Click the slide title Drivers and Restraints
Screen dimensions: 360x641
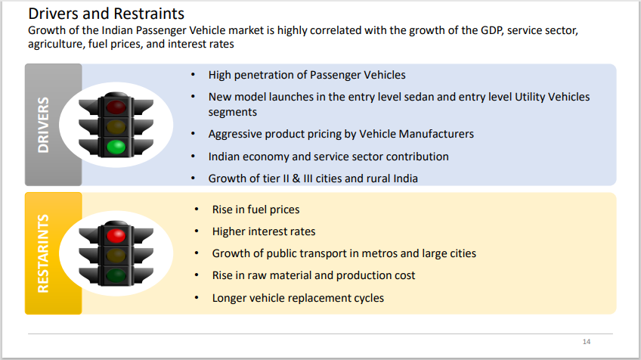106,14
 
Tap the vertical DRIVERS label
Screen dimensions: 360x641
43,125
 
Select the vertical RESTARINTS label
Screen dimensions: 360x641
43,253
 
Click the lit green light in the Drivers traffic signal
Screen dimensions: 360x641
116,146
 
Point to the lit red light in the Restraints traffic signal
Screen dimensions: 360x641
116,235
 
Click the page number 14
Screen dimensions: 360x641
586,340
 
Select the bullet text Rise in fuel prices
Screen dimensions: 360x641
255,209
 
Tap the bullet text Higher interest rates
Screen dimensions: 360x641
264,231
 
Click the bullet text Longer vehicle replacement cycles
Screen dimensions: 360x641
298,298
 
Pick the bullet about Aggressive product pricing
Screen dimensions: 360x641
341,134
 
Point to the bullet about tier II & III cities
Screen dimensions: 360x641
313,178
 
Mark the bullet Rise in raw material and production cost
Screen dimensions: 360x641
314,275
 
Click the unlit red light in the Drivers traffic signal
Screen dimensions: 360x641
116,104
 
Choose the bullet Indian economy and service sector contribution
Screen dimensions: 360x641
329,157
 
